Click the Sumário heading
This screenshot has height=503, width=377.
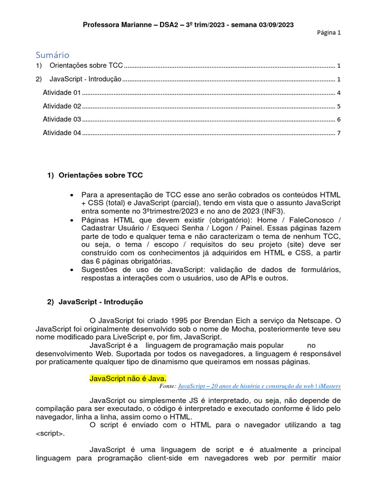pos(53,55)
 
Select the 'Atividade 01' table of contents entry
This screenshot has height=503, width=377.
pos(62,92)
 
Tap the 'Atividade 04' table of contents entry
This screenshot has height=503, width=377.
pos(62,133)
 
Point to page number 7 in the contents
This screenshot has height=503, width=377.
pos(339,133)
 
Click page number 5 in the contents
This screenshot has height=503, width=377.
pos(339,106)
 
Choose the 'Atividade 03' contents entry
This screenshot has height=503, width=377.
pos(62,119)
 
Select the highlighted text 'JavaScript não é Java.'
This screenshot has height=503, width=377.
pos(128,379)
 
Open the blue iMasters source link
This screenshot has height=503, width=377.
pos(259,387)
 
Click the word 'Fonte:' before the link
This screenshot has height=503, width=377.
pos(167,387)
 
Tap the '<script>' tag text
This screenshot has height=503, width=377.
pos(50,434)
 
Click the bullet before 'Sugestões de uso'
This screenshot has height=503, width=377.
pos(73,270)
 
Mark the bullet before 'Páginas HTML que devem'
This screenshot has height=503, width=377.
pos(73,220)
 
